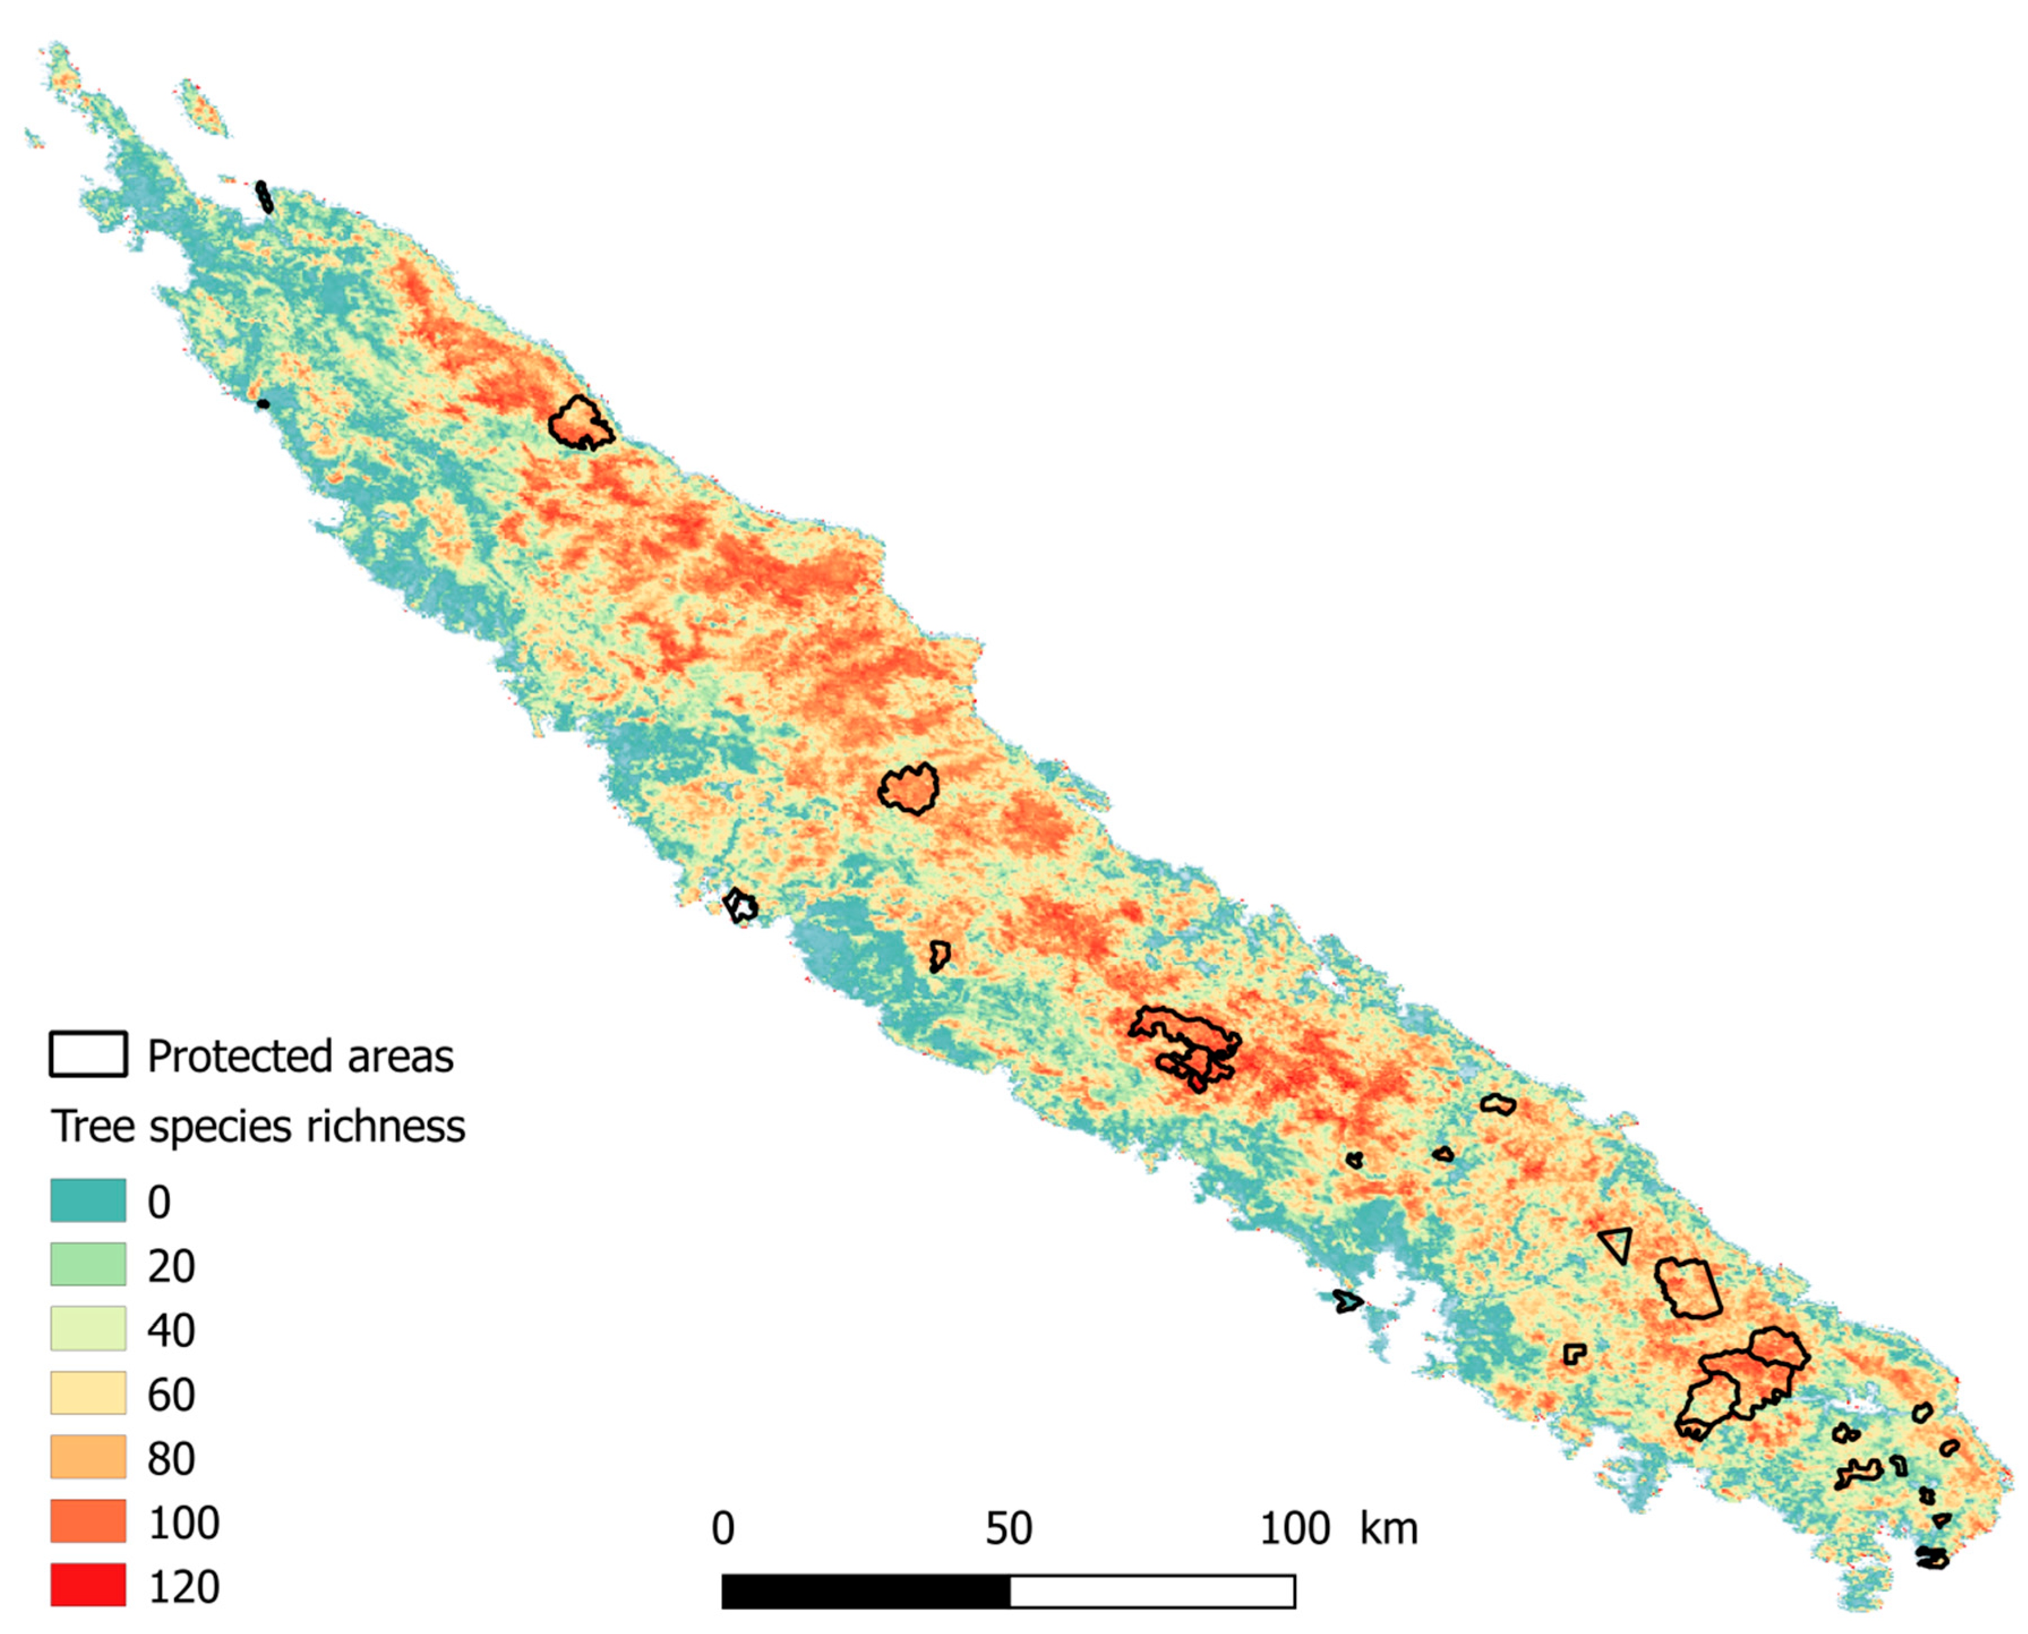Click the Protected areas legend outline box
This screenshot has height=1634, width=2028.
point(88,1054)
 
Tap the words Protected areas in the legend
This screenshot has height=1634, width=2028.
point(300,1056)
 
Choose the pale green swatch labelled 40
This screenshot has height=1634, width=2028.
point(88,1329)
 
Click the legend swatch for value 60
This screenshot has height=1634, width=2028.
point(88,1393)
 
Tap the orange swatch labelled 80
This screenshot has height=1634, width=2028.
point(88,1457)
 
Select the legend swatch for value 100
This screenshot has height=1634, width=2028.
point(88,1521)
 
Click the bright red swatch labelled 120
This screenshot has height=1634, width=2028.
point(88,1585)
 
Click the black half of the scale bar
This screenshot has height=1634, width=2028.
point(866,1591)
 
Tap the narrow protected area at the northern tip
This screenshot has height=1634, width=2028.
point(265,198)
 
